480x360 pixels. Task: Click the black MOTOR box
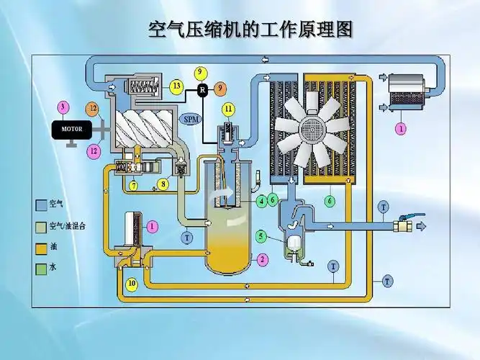(x=72, y=130)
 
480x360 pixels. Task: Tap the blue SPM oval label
(x=190, y=119)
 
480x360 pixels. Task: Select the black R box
(x=202, y=89)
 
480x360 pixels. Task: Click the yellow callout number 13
(x=176, y=86)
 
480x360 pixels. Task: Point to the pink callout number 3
(x=63, y=107)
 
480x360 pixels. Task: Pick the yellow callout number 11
(x=227, y=109)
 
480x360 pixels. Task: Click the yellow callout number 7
(x=134, y=186)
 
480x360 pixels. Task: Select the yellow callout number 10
(x=132, y=283)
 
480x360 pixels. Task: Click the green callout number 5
(x=261, y=235)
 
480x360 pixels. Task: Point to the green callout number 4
(x=261, y=201)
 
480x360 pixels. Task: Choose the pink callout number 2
(x=263, y=258)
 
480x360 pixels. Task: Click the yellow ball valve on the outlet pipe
(x=402, y=225)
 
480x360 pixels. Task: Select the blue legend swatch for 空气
(x=41, y=204)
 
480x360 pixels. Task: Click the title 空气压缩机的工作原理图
(x=240, y=30)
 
